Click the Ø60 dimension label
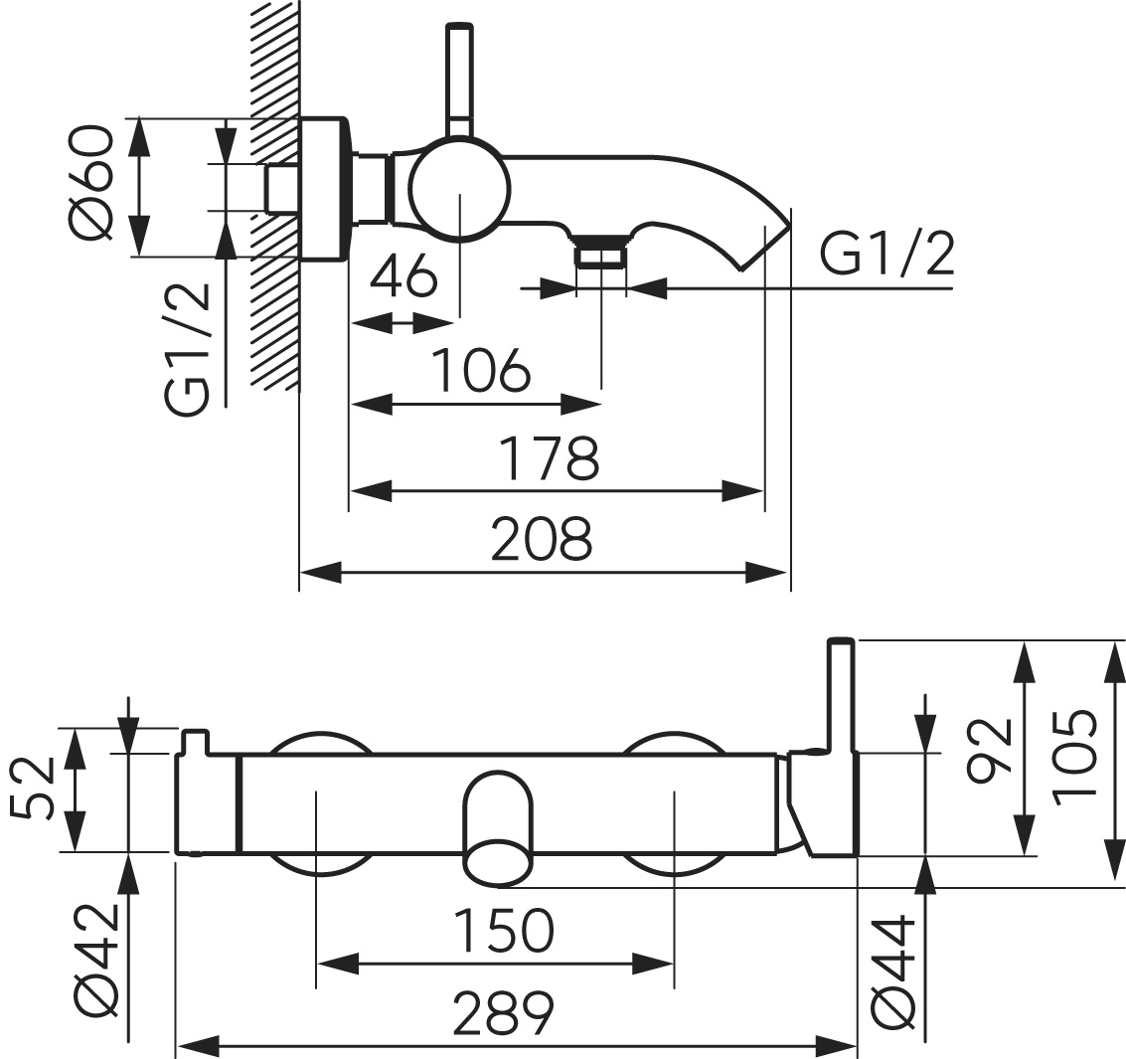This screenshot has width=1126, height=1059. tap(91, 186)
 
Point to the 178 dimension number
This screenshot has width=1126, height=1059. tap(549, 458)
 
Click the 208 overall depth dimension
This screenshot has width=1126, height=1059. tap(544, 539)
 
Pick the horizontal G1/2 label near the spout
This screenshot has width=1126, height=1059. tap(887, 256)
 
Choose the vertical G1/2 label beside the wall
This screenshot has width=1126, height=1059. tap(189, 349)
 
